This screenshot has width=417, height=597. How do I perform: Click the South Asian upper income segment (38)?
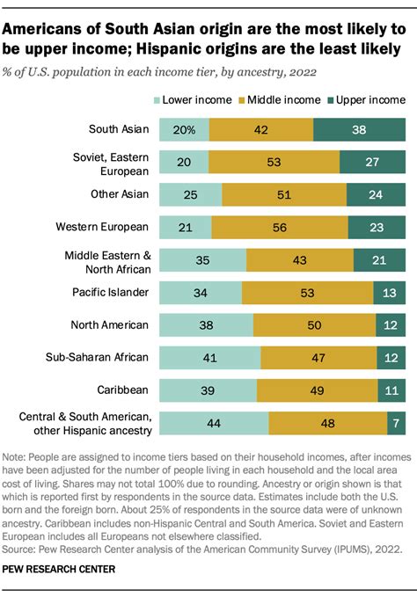pos(359,129)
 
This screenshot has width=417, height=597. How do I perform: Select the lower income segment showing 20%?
pos(184,129)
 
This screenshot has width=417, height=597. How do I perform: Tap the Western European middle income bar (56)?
pos(280,227)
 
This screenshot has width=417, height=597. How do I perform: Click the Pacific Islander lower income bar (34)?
pos(200,292)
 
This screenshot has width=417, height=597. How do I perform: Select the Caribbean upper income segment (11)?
pos(391,390)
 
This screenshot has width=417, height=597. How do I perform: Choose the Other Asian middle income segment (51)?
pos(284,194)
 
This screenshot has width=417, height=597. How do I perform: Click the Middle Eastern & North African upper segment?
pos(380,259)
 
